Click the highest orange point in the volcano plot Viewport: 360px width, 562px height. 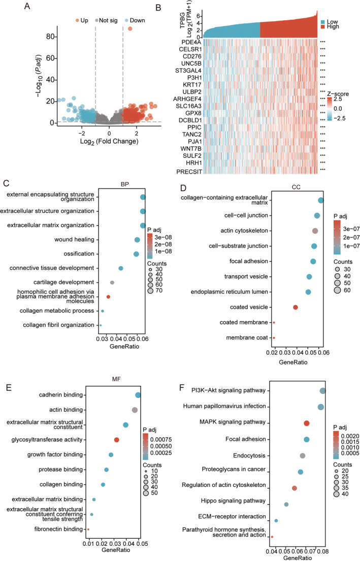[x=130, y=29]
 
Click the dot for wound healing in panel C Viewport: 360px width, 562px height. [x=137, y=240]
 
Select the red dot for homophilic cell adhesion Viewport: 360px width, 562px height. [x=108, y=296]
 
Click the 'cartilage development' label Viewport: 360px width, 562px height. [x=62, y=282]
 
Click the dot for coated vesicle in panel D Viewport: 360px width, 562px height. [x=296, y=307]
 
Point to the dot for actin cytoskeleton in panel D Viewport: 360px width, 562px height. [x=315, y=231]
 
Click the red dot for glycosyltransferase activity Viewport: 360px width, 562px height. [x=117, y=440]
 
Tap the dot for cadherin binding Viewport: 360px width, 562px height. [x=138, y=395]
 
